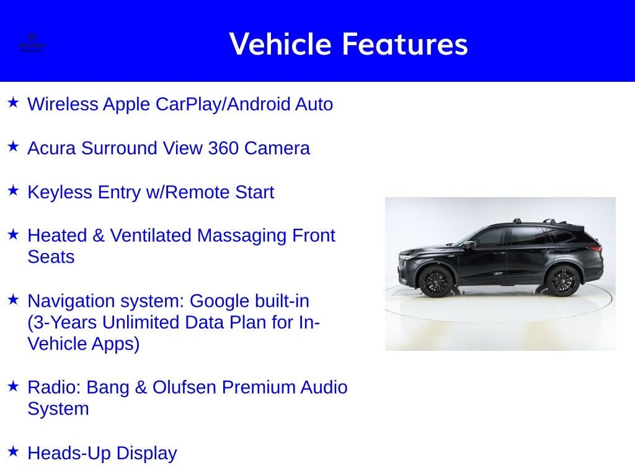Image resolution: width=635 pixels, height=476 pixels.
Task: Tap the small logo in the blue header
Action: [x=32, y=43]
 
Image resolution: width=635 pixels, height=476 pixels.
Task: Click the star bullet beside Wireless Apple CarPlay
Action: [x=13, y=102]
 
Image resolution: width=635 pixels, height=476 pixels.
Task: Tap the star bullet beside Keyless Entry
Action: [x=13, y=190]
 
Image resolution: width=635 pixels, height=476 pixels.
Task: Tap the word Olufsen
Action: [x=184, y=387]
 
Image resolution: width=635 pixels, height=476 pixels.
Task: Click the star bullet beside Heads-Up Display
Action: [x=13, y=451]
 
